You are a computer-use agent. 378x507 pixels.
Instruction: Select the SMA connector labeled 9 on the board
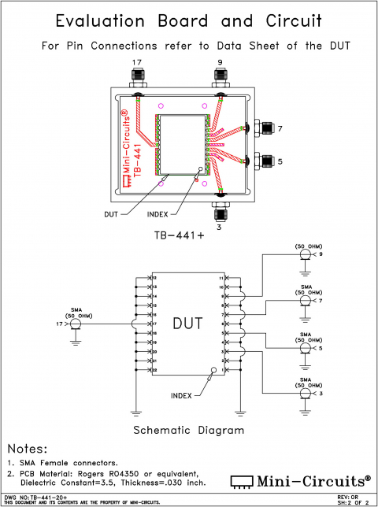220,78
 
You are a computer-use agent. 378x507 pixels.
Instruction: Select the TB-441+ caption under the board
182,235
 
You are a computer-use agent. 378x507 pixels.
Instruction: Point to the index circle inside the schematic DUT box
212,368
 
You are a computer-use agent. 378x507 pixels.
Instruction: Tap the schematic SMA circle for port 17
76,324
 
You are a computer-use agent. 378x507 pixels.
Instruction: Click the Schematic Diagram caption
189,431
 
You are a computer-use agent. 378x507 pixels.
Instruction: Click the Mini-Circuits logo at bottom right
299,479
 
